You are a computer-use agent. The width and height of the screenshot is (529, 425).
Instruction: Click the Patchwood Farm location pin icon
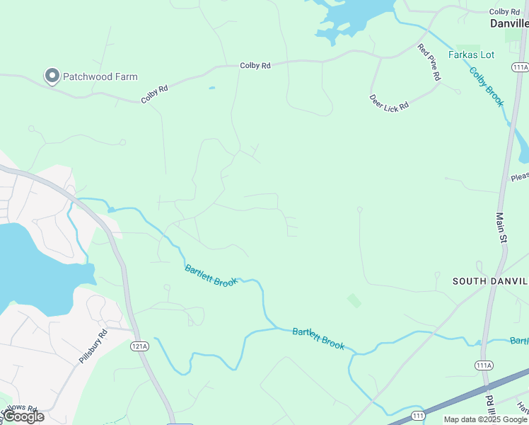click(52, 76)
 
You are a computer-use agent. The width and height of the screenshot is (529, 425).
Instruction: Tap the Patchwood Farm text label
click(100, 76)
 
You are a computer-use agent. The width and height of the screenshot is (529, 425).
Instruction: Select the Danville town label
click(509, 23)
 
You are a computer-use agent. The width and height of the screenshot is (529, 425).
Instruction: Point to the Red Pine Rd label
click(429, 62)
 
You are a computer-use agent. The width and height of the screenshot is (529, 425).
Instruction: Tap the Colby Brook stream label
click(487, 86)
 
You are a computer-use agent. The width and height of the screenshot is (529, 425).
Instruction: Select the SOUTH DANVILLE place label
click(490, 281)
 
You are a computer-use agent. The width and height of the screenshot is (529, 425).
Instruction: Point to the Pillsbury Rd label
click(93, 346)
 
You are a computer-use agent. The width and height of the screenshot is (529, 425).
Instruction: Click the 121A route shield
click(139, 346)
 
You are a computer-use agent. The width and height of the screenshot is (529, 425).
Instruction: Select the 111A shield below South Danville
click(484, 365)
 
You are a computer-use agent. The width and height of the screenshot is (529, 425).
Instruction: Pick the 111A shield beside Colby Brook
click(520, 66)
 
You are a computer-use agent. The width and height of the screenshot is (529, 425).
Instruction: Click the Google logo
click(23, 416)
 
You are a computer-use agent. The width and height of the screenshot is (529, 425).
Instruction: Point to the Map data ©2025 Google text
click(485, 419)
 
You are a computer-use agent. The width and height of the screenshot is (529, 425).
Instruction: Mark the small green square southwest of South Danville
click(354, 301)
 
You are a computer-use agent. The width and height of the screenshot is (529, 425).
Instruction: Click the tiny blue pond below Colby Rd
click(211, 89)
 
